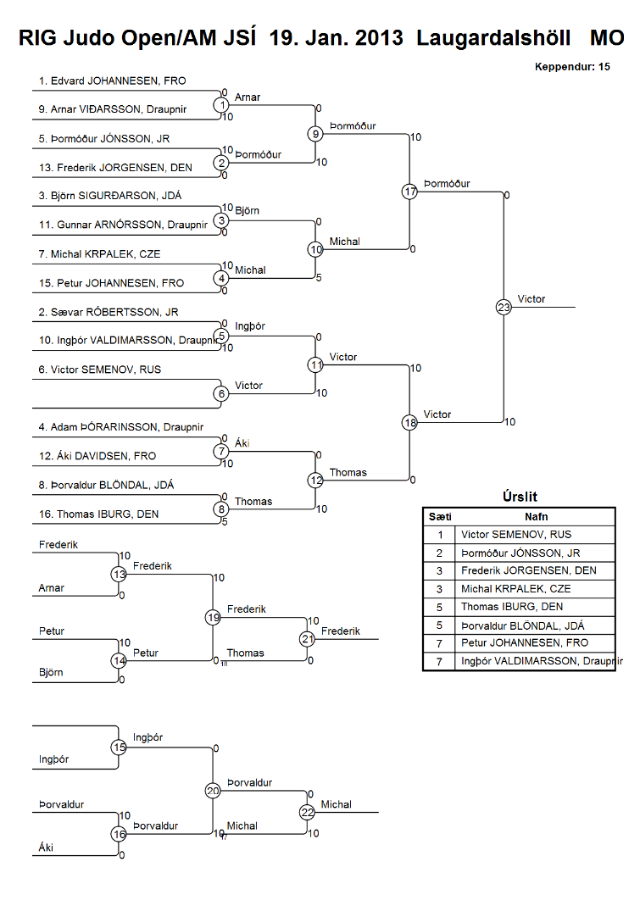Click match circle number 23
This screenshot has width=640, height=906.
[x=504, y=308]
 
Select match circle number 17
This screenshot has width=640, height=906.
[x=410, y=192]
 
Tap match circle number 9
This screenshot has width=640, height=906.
[x=315, y=134]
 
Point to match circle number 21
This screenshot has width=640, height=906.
[x=307, y=639]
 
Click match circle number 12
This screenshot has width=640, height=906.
[x=315, y=481]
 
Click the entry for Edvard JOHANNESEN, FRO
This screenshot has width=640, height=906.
[x=112, y=81]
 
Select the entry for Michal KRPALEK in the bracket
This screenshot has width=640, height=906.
[x=99, y=254]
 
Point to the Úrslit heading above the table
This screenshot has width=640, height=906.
[x=519, y=497]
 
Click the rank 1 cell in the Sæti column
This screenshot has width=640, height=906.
[x=440, y=535]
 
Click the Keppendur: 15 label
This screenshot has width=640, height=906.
[x=572, y=66]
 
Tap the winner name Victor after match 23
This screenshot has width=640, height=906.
[x=531, y=299]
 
